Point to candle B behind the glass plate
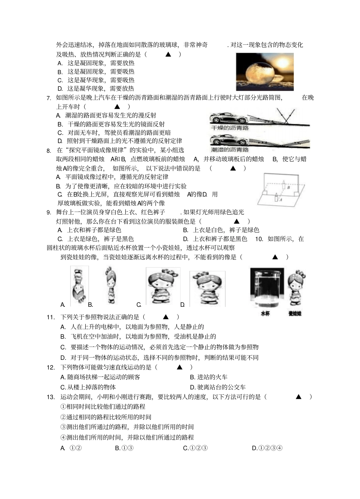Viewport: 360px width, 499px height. [x=283, y=184]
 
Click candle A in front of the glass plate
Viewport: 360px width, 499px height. [x=276, y=198]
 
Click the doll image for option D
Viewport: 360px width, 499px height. [x=207, y=288]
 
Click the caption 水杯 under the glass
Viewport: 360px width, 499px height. [x=265, y=314]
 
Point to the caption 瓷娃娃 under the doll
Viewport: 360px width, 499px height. [x=294, y=314]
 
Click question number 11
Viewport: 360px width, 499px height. [x=51, y=317]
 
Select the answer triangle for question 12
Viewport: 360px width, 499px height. [x=180, y=367]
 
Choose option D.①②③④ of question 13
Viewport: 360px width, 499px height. [x=267, y=448]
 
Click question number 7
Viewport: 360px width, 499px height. [x=49, y=98]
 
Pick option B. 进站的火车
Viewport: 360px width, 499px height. [x=209, y=377]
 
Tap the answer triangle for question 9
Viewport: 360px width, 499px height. [x=237, y=221]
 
